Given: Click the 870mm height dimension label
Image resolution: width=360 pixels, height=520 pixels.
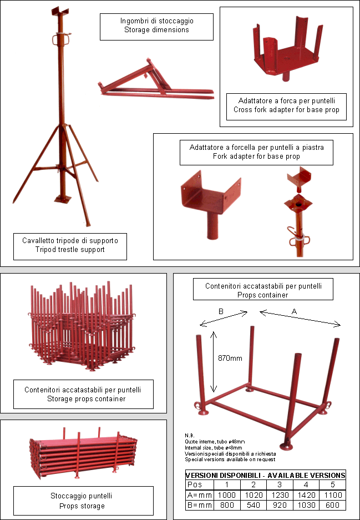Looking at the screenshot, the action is click(230, 358).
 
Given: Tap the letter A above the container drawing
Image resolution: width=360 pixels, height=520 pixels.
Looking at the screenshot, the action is click(294, 311).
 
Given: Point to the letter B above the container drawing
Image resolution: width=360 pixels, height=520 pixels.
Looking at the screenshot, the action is click(221, 311).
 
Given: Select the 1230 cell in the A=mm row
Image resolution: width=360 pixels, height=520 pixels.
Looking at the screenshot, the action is click(280, 495).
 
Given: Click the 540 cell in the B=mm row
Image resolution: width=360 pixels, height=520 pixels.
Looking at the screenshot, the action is click(253, 505).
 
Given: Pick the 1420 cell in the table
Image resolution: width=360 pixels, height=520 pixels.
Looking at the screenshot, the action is click(306, 495).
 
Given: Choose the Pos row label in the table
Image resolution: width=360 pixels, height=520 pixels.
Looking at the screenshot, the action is click(195, 484).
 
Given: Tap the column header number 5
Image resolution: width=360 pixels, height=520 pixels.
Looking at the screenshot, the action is click(332, 484).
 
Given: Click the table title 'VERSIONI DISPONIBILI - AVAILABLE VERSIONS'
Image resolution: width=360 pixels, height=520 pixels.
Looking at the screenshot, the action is click(265, 475).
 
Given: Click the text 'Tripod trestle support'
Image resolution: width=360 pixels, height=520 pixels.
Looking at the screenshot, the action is click(70, 249).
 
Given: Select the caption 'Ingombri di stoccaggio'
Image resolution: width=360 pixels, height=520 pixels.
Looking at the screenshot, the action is click(157, 21).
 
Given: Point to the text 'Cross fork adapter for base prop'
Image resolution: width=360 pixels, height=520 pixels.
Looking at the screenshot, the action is click(286, 110).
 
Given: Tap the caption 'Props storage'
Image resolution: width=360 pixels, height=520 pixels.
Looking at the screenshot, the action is click(82, 506).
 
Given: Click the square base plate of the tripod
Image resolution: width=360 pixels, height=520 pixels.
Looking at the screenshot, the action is click(63, 199).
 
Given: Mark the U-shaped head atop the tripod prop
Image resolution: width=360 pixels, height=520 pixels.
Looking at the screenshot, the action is click(60, 12).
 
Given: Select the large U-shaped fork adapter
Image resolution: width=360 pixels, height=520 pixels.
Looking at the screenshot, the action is click(210, 203).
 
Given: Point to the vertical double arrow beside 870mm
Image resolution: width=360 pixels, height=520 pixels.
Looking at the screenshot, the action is click(214, 362).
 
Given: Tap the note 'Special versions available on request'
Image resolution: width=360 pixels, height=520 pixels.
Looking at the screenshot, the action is click(230, 460).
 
